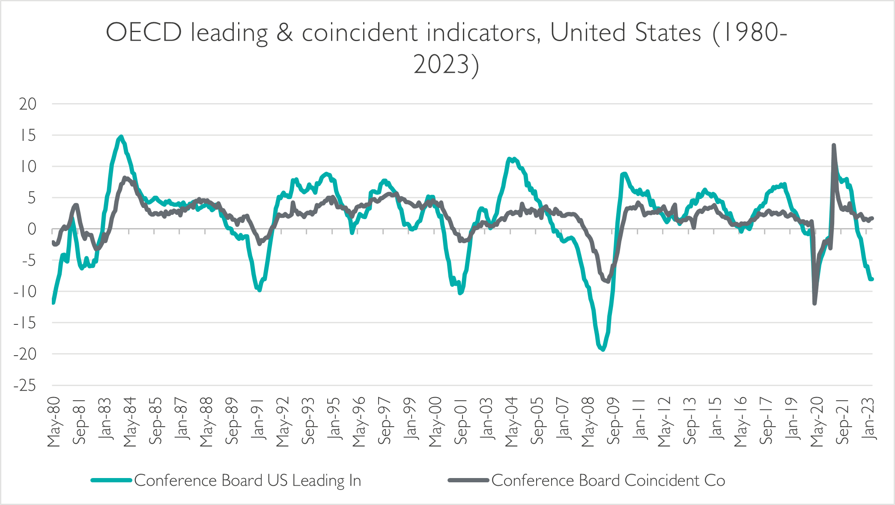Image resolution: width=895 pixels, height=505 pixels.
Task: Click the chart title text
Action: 446,48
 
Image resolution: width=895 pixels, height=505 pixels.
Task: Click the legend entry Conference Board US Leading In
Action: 248,480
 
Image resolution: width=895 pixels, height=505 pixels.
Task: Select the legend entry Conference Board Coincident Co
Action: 608,480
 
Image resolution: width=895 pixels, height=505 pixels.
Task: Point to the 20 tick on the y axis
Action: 28,104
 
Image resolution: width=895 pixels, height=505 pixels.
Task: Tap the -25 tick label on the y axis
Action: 25,386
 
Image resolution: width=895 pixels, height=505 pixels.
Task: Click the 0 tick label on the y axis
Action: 32,229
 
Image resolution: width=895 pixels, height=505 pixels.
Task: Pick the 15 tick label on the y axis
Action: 28,136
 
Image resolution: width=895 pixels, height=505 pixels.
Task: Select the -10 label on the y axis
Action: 25,292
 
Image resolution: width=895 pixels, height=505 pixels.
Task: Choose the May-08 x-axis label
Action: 588,422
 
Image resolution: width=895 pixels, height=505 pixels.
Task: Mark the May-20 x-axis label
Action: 817,422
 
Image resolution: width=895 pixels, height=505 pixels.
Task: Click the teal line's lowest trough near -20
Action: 603,350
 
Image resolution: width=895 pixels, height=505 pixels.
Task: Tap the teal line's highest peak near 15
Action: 121,137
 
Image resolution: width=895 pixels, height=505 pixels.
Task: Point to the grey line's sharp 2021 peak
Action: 833,145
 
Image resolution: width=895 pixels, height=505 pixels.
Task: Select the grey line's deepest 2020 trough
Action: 814,303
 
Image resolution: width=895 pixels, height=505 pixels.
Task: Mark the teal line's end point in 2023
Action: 872,279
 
